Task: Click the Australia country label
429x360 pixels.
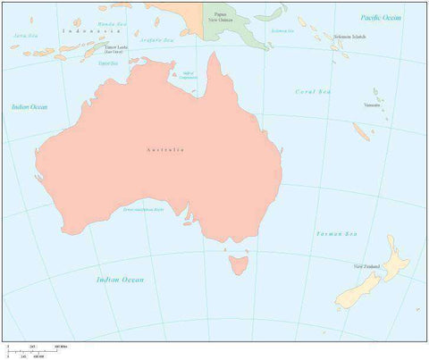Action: (x=164, y=150)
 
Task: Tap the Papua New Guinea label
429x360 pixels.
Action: (x=220, y=16)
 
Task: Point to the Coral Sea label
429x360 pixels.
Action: (x=313, y=91)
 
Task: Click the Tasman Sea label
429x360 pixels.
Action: (x=336, y=234)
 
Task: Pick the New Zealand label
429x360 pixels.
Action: (x=367, y=266)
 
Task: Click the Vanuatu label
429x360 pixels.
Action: (x=371, y=105)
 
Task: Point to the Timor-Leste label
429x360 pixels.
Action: (x=115, y=48)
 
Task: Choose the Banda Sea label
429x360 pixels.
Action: (x=113, y=23)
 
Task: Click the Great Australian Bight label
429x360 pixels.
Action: (x=143, y=209)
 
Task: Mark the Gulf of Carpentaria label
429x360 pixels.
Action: (x=188, y=75)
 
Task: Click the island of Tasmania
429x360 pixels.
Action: (x=238, y=264)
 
